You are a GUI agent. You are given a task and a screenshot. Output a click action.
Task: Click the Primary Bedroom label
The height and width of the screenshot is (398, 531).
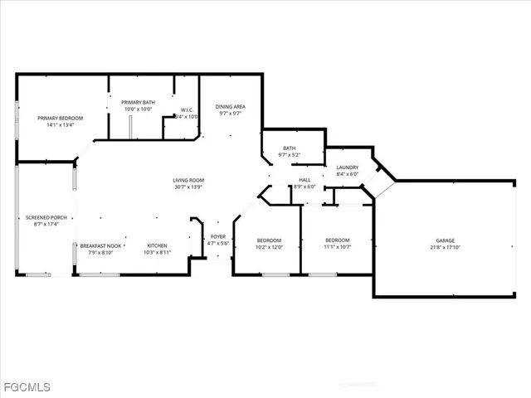(56, 118)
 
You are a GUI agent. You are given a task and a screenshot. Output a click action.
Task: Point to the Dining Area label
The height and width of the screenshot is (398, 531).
(230, 106)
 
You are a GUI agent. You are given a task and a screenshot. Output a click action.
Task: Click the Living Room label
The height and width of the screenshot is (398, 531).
(188, 180)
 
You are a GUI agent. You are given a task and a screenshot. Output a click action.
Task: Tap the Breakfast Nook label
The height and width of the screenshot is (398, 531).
(101, 245)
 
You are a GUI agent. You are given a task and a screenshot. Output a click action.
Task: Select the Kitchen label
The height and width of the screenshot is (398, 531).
(158, 245)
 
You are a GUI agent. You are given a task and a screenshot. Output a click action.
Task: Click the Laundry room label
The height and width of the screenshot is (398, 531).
(347, 167)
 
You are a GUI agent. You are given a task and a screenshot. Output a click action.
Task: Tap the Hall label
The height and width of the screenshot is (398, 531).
(304, 180)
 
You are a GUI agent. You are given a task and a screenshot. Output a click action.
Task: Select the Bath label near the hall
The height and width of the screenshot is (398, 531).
(289, 148)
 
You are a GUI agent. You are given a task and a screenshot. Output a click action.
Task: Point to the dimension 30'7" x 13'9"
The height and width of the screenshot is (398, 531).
(188, 187)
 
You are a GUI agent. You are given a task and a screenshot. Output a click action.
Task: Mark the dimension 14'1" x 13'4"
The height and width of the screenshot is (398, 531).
(56, 125)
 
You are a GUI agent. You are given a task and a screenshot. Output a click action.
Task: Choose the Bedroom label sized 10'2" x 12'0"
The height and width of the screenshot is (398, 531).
(269, 240)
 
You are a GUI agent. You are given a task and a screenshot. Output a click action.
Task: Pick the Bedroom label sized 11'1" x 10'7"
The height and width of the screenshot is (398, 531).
(337, 240)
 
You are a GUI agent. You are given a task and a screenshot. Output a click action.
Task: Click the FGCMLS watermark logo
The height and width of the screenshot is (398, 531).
(26, 387)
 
